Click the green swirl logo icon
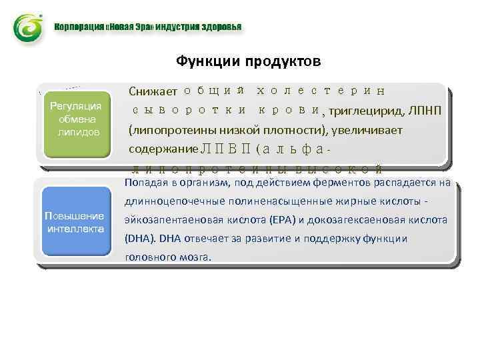(x=29, y=29)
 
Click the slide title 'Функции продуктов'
(x=248, y=61)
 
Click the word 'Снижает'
(x=153, y=91)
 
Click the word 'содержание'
(x=163, y=149)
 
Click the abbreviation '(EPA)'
(x=284, y=220)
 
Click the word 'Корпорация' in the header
(x=79, y=27)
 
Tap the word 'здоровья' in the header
(x=221, y=27)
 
